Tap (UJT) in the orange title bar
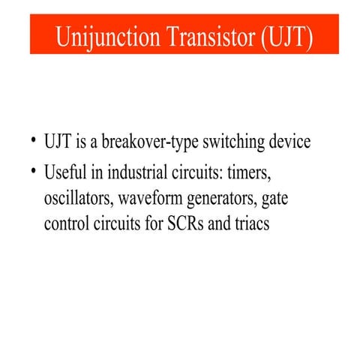tap(286, 36)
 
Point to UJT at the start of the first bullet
tap(58, 142)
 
